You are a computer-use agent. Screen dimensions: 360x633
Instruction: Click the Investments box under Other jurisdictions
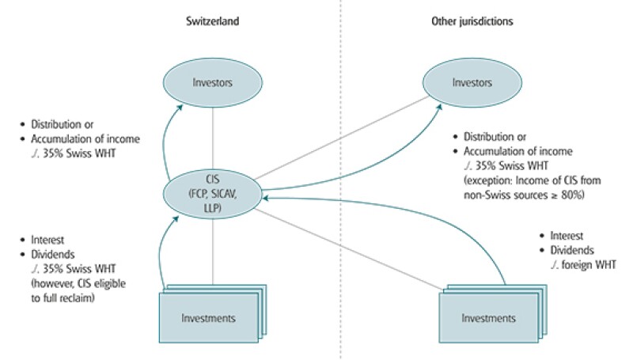point(487,317)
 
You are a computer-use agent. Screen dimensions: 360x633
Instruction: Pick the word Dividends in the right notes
point(572,249)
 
